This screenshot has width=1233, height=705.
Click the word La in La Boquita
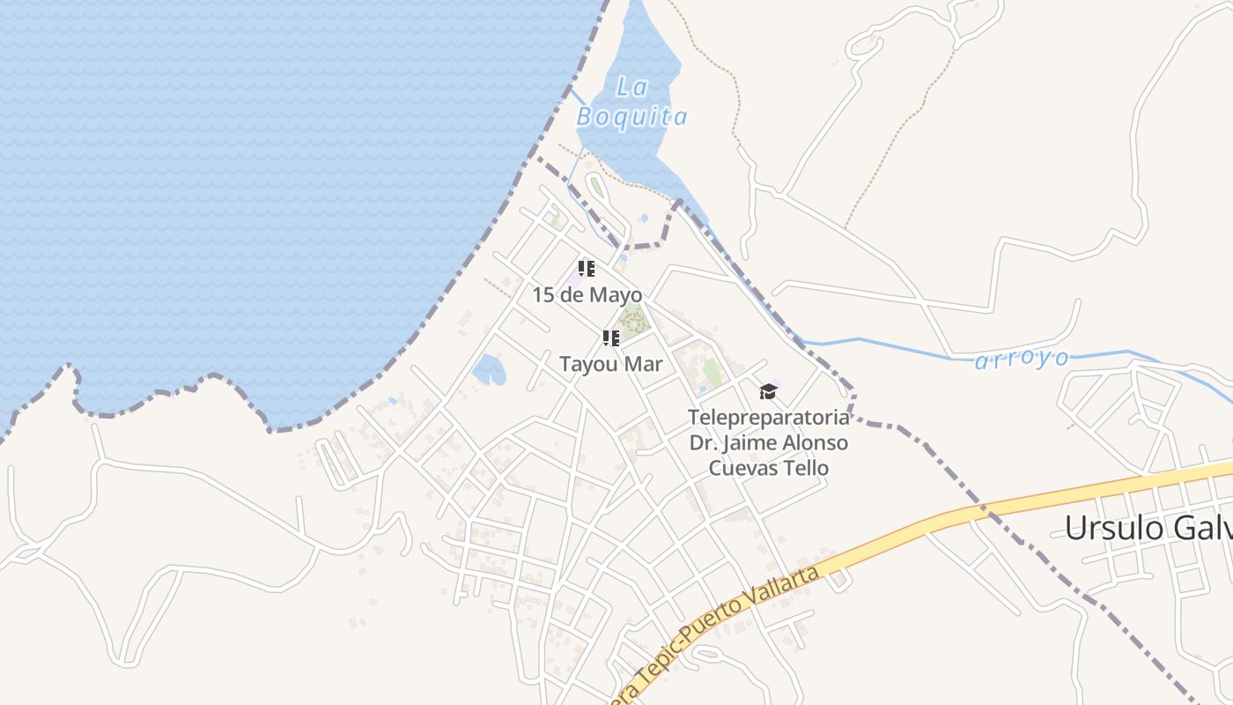coord(631,86)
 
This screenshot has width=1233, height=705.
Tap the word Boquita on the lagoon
coord(631,116)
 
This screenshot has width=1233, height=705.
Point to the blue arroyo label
coord(1022,359)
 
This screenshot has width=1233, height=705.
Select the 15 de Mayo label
coord(587,294)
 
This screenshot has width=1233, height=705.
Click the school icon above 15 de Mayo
coord(587,269)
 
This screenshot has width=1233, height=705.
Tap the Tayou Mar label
coord(610,363)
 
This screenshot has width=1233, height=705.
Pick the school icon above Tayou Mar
coord(610,338)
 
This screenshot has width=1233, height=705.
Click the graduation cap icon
coord(769,390)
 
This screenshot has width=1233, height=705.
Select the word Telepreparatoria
coord(769,416)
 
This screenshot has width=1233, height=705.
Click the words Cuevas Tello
coord(769,467)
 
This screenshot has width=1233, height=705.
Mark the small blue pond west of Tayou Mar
coord(489,369)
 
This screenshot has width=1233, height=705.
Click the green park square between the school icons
coord(633,322)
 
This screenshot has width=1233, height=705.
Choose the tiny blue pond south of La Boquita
coord(644,218)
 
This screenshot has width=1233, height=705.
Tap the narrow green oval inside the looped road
coord(596,188)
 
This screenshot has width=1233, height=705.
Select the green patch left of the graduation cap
coord(712,373)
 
